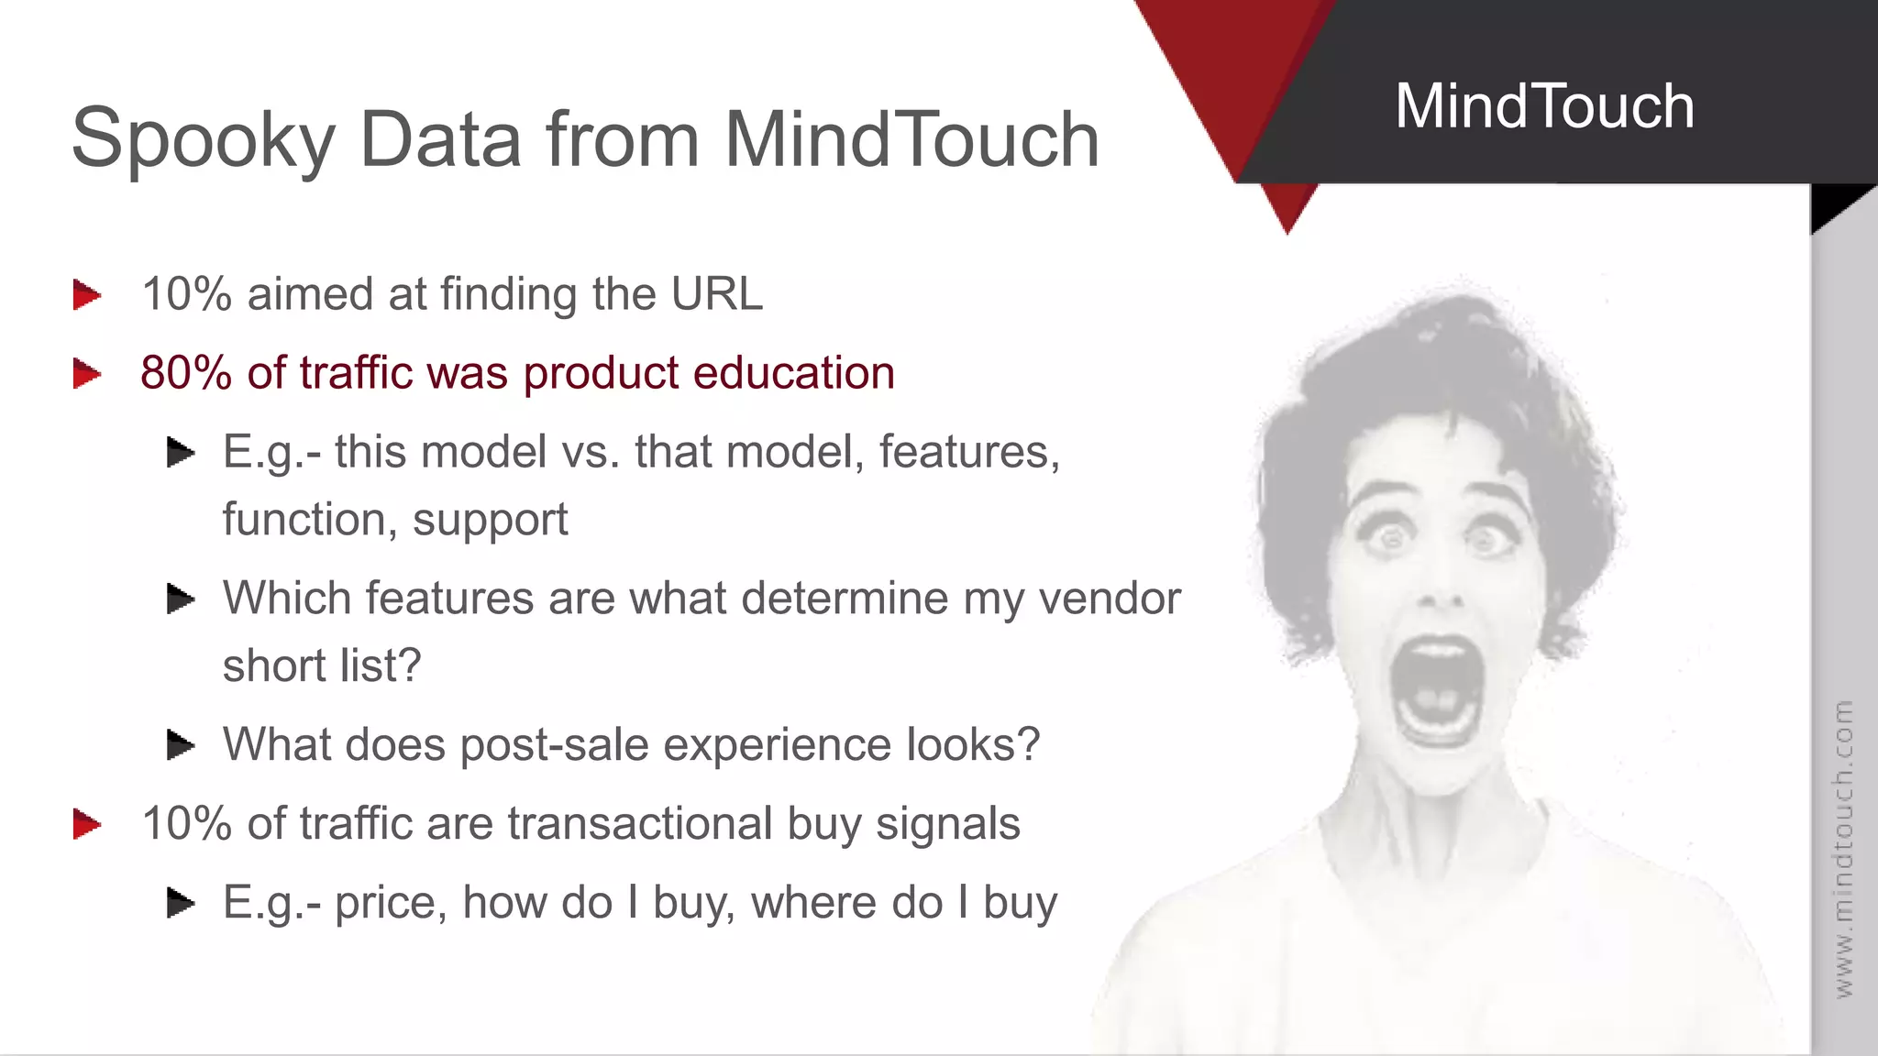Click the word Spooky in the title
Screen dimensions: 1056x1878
tap(204, 140)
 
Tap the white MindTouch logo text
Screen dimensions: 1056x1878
tap(1544, 106)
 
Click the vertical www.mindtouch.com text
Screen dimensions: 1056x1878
tap(1843, 848)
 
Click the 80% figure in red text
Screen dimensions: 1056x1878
tap(186, 373)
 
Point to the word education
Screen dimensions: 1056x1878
tap(793, 373)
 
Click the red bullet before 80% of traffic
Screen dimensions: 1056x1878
tap(87, 374)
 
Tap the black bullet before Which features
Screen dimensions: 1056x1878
tap(181, 599)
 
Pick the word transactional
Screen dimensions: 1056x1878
tap(640, 823)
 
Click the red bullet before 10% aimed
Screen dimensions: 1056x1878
tap(87, 295)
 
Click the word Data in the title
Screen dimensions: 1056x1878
tap(441, 140)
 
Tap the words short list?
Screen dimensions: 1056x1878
tap(321, 665)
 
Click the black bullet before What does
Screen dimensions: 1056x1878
tap(181, 744)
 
